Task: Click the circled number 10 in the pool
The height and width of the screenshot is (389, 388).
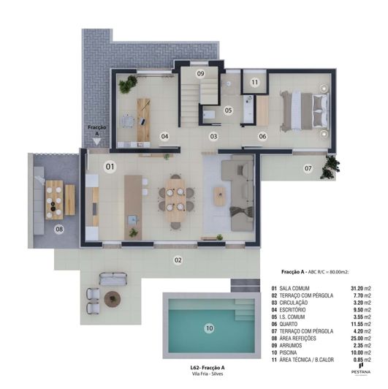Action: pyautogui.click(x=209, y=329)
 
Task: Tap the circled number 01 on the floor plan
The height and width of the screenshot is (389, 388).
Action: pyautogui.click(x=110, y=167)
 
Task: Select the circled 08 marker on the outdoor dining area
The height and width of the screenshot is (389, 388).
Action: pyautogui.click(x=59, y=229)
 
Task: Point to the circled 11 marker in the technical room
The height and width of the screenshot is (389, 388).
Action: pyautogui.click(x=254, y=83)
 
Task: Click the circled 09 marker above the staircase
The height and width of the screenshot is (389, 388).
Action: pyautogui.click(x=200, y=74)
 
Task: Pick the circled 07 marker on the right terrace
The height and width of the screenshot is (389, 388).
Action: pyautogui.click(x=308, y=169)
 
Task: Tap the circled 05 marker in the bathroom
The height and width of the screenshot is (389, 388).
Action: pyautogui.click(x=227, y=110)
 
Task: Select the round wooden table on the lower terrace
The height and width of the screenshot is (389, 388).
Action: pyautogui.click(x=112, y=298)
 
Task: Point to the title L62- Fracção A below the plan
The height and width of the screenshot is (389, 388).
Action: pyautogui.click(x=208, y=367)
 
